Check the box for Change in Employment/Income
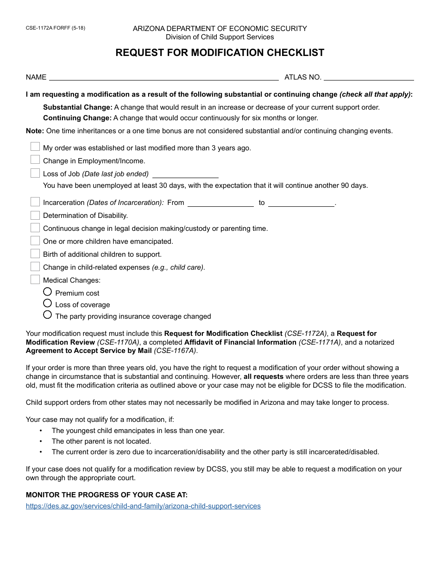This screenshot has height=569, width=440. pos(35,160)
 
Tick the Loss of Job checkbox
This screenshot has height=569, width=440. pos(35,173)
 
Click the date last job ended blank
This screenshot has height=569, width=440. pos(185,174)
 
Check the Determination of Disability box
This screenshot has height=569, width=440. pos(35,215)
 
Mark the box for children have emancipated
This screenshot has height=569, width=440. pos(35,241)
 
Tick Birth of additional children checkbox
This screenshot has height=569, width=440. pos(35,254)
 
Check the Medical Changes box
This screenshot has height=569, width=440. pos(35,279)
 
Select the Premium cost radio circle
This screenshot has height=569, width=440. pos(47,292)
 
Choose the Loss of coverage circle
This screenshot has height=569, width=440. pos(47,303)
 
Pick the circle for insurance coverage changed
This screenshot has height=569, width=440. pos(47,315)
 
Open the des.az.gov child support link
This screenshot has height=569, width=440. pos(143,506)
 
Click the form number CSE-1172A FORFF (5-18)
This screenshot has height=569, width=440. pos(56,28)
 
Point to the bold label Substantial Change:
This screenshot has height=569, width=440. pos(77,107)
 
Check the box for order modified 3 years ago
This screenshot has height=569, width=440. pos(35,147)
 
